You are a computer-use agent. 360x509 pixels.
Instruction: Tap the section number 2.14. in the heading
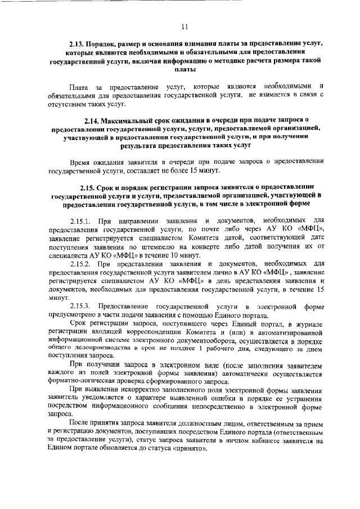[x=93, y=120]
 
